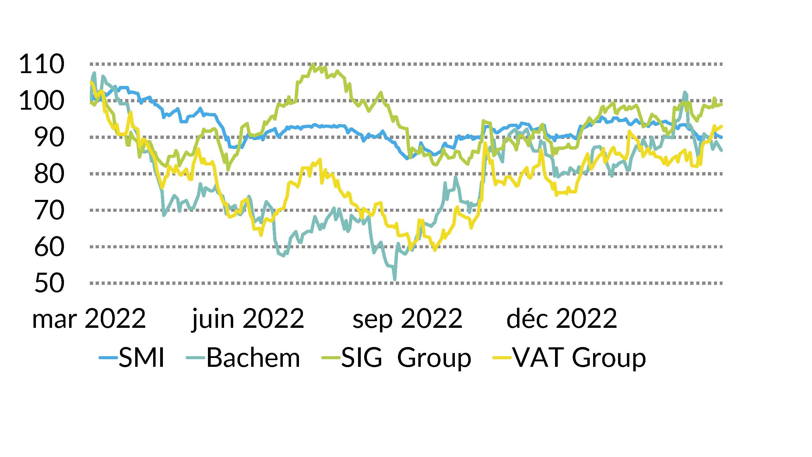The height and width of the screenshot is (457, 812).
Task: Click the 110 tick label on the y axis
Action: [x=42, y=64]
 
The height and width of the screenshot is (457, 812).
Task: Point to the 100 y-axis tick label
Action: [x=42, y=101]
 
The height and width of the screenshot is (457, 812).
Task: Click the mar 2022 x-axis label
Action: [x=89, y=319]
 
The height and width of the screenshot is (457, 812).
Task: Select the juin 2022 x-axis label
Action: [x=248, y=319]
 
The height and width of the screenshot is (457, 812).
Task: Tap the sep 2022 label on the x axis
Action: [x=407, y=319]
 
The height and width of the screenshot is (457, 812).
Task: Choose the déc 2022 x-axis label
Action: [x=562, y=319]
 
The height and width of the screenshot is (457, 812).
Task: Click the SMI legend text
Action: [x=142, y=358]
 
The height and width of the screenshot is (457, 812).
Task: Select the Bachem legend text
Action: [x=253, y=358]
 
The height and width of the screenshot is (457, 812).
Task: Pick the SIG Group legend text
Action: [x=406, y=358]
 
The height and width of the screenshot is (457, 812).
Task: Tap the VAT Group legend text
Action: [x=579, y=358]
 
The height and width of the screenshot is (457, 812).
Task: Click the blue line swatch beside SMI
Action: [x=108, y=358]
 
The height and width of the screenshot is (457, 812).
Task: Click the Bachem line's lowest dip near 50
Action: [x=395, y=279]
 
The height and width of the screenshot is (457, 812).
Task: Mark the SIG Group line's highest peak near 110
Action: [x=313, y=64]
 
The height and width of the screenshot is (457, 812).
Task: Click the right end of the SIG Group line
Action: [x=722, y=105]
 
